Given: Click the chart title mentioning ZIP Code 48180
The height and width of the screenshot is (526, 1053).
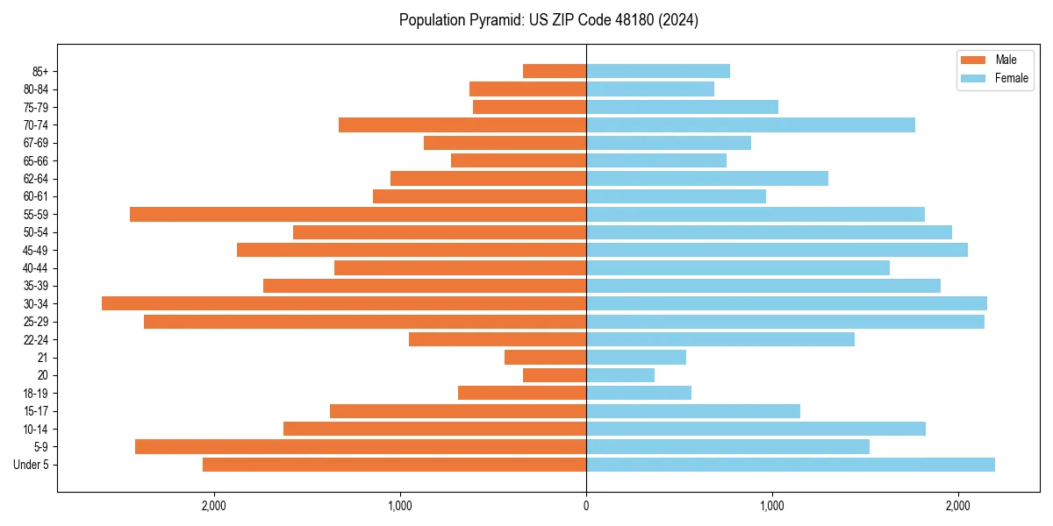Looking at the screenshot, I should [x=548, y=20].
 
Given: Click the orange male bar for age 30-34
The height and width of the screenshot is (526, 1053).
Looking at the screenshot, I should [x=344, y=303].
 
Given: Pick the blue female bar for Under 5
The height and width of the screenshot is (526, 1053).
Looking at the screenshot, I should [x=790, y=465].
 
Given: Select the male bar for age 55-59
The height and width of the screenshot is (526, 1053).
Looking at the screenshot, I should [x=358, y=214].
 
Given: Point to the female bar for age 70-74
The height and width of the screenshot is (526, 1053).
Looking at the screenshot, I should [x=750, y=124].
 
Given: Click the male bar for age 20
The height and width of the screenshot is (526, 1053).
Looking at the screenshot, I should [x=555, y=375].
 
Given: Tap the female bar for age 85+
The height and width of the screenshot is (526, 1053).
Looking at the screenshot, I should [x=658, y=71].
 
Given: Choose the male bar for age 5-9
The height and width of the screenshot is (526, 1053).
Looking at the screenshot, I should [x=361, y=446].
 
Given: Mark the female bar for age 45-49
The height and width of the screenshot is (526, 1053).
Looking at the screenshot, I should [x=777, y=250].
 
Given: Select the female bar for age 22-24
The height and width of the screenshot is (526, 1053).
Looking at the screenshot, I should [x=720, y=339].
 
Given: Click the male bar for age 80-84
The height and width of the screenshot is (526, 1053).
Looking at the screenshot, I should [x=527, y=89].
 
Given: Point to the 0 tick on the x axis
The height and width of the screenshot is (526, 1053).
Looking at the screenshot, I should [x=586, y=505].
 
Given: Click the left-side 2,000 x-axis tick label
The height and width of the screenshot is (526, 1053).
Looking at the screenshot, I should [x=213, y=505].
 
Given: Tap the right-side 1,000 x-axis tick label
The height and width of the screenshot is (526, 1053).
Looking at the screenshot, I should [x=772, y=505].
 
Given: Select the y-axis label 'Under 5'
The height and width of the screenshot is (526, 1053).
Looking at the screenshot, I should [x=32, y=465].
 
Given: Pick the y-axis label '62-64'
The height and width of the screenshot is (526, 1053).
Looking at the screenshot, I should [x=36, y=179].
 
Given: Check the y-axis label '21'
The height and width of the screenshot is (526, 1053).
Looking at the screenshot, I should [x=43, y=358].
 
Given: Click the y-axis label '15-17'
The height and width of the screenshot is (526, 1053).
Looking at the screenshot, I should [x=36, y=411].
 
